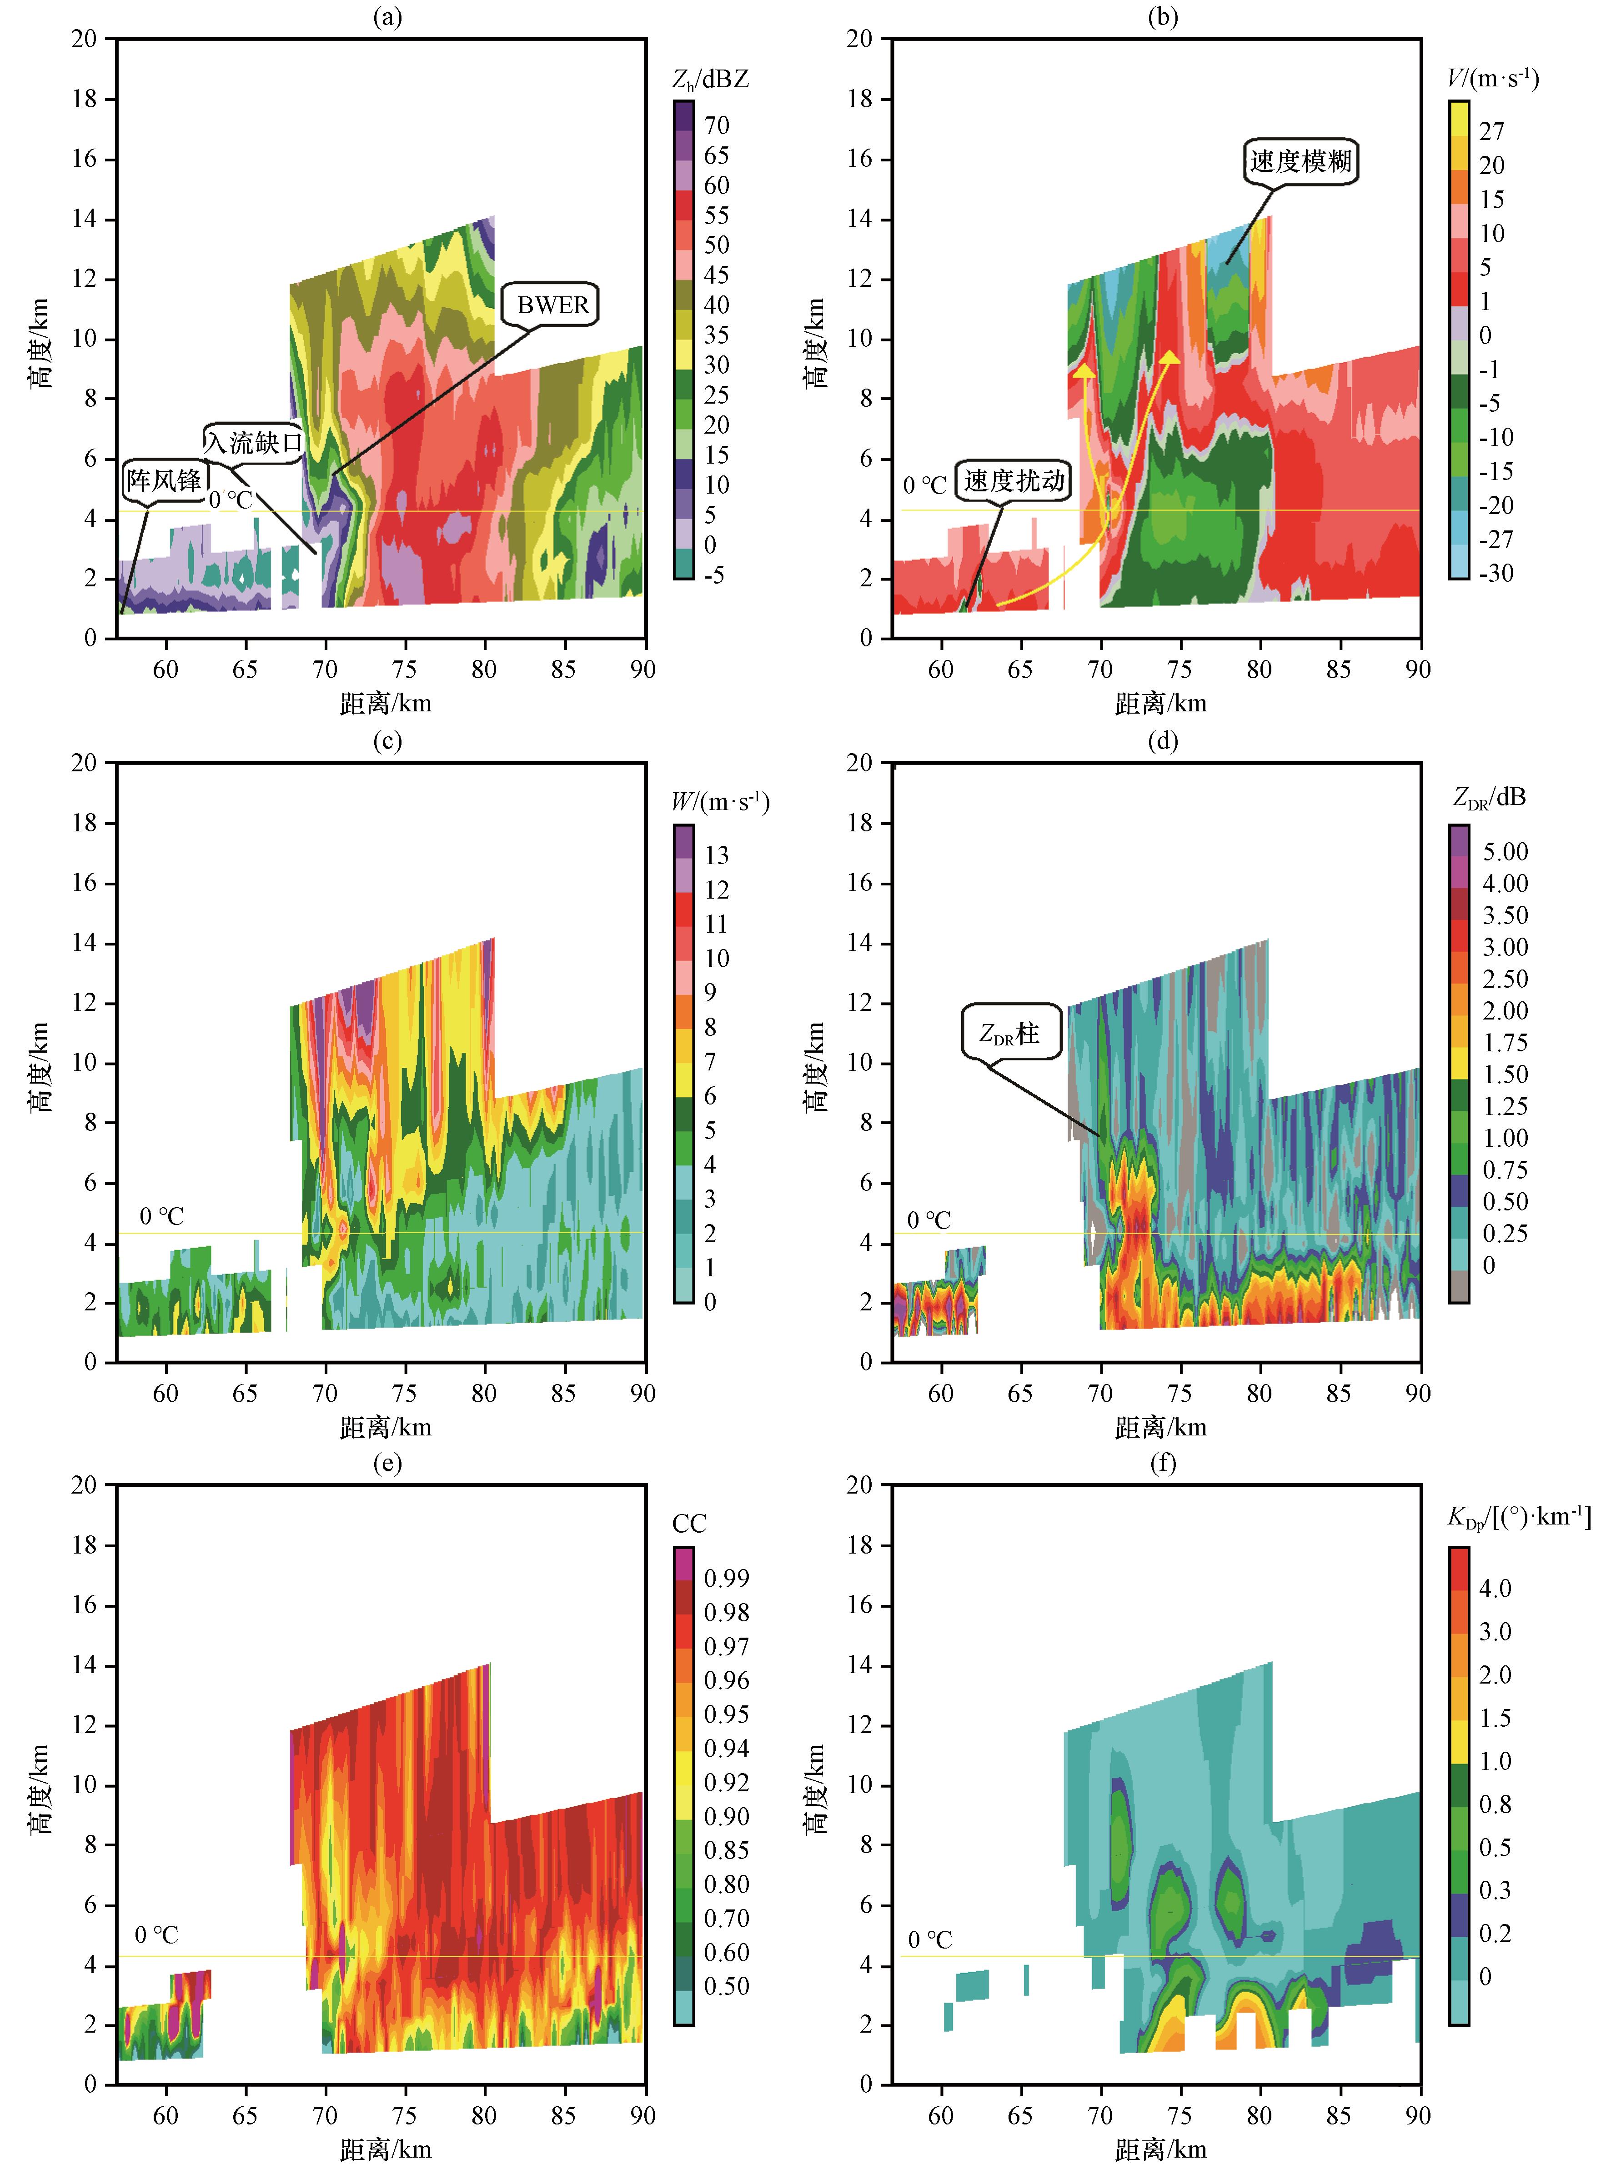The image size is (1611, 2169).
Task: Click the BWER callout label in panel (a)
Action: (x=553, y=305)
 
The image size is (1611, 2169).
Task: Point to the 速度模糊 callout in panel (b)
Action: (x=1301, y=161)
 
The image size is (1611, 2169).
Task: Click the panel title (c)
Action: (x=387, y=741)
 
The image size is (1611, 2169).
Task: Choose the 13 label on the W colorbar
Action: (x=717, y=855)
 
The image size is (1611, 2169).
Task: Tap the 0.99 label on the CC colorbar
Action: (x=727, y=1578)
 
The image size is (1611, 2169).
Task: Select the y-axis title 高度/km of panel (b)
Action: (x=814, y=343)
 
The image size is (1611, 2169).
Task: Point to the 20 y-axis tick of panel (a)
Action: (x=85, y=39)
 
